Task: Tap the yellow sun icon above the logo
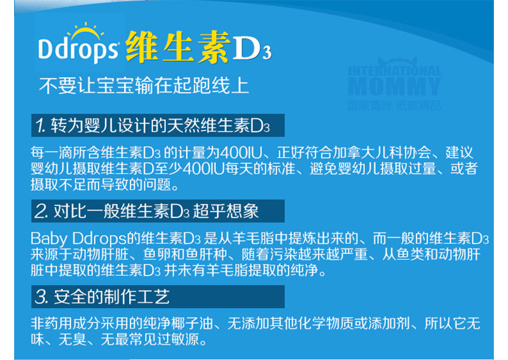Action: click(86, 31)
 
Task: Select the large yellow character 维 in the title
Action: click(142, 47)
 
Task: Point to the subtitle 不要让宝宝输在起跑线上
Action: click(144, 85)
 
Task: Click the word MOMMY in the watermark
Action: click(395, 86)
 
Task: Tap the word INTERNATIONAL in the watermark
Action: click(395, 71)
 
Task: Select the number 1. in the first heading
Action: click(41, 126)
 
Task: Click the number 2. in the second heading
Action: click(41, 211)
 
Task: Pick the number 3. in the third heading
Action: click(41, 297)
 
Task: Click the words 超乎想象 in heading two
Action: click(226, 211)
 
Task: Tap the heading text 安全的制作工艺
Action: click(111, 297)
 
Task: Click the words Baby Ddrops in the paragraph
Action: click(78, 239)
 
